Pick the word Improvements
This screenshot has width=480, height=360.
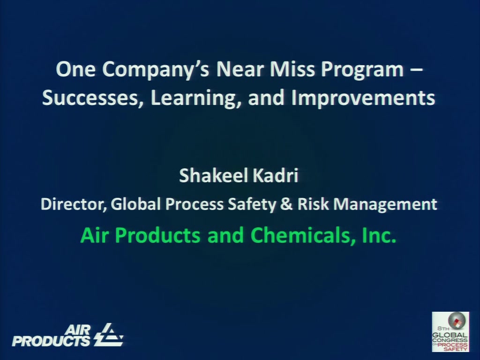coord(363,98)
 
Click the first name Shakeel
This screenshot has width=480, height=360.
coord(213,175)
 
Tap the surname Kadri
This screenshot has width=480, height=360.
coord(275,175)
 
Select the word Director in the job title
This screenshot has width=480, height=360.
coord(74,204)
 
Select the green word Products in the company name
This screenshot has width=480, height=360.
coord(157,235)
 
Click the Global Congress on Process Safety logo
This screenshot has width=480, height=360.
coord(450,331)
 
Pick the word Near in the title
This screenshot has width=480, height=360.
coord(240,69)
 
